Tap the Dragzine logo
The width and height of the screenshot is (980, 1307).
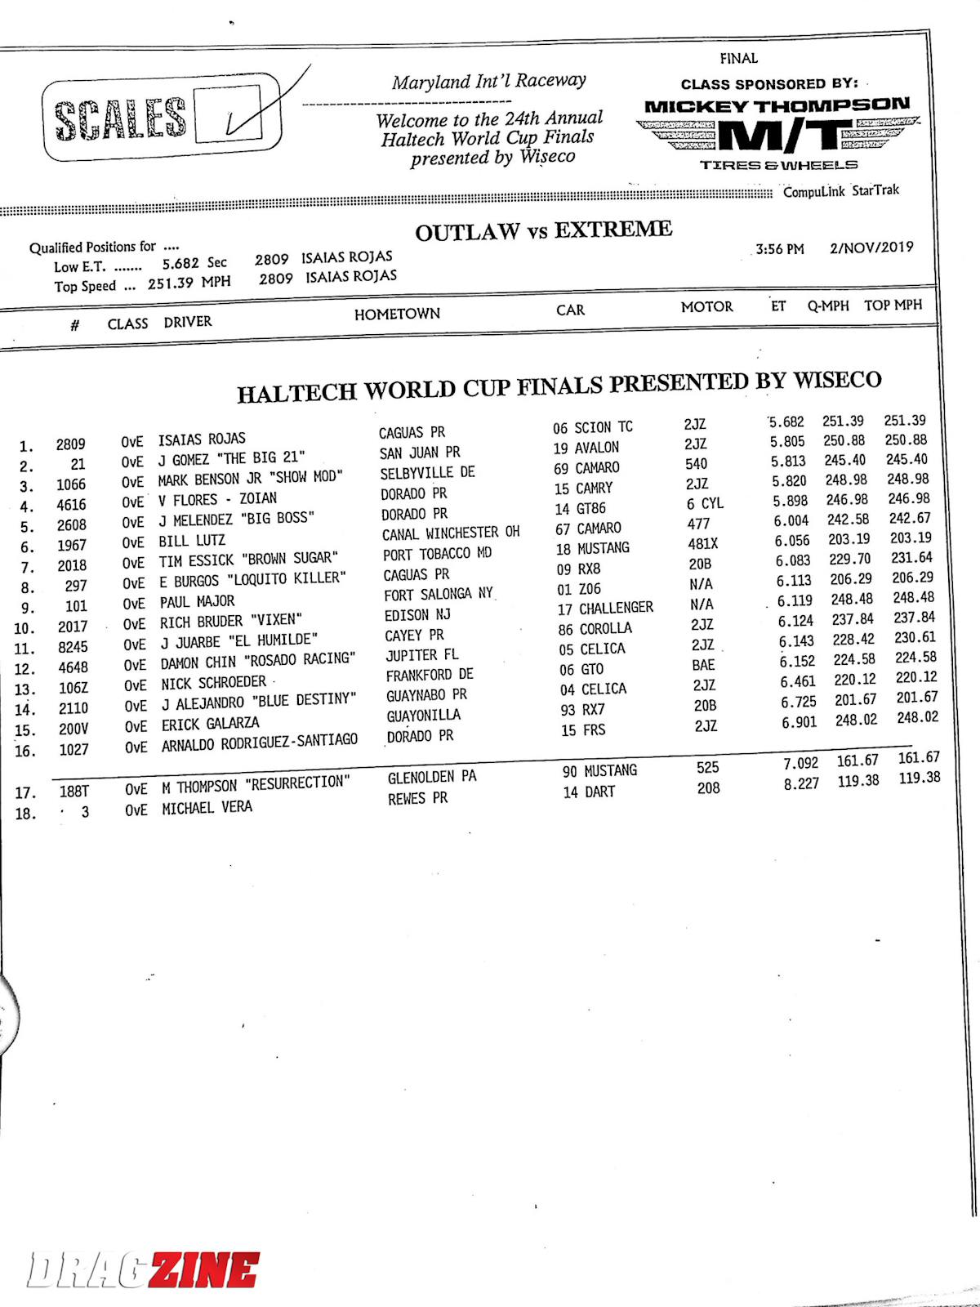[143, 1270]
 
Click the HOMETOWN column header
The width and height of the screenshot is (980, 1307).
[397, 314]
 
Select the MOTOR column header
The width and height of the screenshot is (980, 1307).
[706, 306]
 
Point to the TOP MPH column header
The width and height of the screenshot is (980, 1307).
[893, 305]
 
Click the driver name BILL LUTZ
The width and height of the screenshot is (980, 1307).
[192, 540]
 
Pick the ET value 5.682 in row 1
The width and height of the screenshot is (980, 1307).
[786, 422]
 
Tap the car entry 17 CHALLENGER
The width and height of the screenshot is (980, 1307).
[605, 609]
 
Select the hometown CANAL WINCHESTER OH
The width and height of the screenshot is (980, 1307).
[451, 533]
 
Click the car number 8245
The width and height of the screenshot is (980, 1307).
[72, 647]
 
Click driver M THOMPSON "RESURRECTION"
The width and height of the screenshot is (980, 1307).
[256, 785]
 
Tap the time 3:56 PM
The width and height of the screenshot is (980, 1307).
[779, 249]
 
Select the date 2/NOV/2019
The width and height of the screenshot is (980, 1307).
[871, 247]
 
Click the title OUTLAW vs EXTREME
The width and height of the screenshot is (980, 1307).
[543, 231]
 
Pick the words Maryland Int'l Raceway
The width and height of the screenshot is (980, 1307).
[488, 81]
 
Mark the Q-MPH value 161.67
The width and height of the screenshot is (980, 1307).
[857, 761]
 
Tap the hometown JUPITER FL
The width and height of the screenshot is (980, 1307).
[421, 655]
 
